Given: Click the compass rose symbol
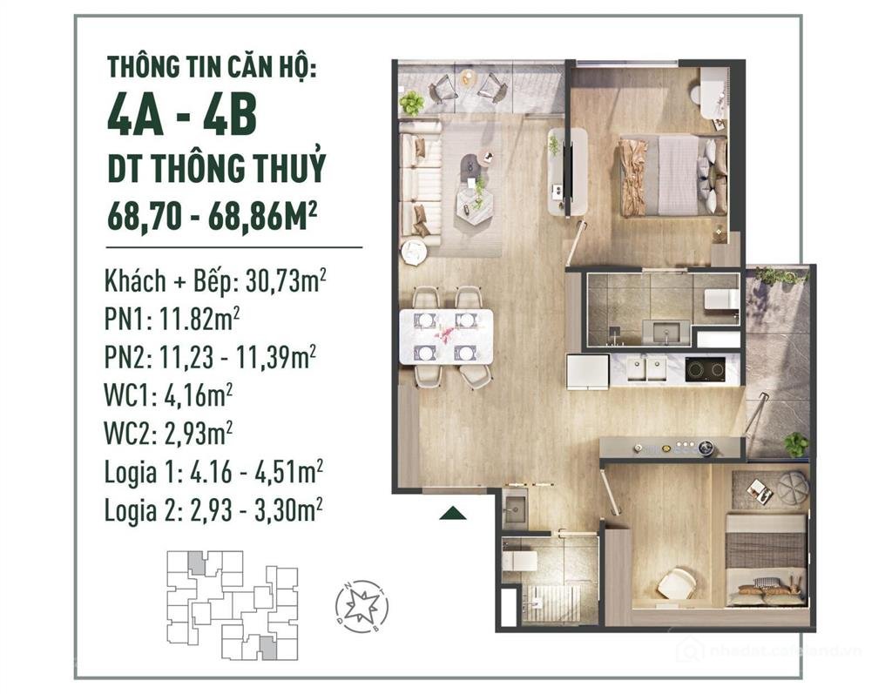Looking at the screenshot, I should coord(362,606).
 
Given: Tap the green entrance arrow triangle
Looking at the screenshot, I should coord(453,513).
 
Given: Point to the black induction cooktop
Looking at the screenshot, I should coord(705,369).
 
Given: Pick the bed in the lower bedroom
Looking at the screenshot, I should coord(766,557).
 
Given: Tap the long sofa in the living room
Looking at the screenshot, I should coord(420,182).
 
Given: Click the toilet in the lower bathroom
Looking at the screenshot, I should coord(520,559).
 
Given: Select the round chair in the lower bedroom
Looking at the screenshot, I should coord(676,583).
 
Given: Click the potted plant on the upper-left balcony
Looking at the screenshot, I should coord(411,104).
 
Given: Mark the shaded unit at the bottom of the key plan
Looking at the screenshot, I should coord(267,646).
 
